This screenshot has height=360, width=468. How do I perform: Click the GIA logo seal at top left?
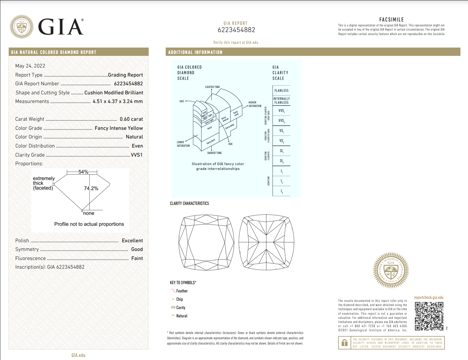pyautogui.click(x=22, y=27)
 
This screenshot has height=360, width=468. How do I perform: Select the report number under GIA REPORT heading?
pyautogui.click(x=236, y=30)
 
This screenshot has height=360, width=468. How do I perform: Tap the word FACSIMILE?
pyautogui.click(x=391, y=20)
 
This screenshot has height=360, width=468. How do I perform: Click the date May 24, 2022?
pyautogui.click(x=30, y=66)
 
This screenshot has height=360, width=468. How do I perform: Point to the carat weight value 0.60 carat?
pyautogui.click(x=131, y=119)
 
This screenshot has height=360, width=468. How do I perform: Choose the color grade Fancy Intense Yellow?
pyautogui.click(x=119, y=128)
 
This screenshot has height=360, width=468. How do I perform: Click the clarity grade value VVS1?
pyautogui.click(x=137, y=155)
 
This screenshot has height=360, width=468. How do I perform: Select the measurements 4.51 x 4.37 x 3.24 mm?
pyautogui.click(x=118, y=102)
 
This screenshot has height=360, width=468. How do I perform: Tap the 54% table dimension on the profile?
pyautogui.click(x=83, y=172)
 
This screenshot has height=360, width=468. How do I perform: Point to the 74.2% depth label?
pyautogui.click(x=91, y=188)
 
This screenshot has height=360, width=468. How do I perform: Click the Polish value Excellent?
pyautogui.click(x=132, y=241)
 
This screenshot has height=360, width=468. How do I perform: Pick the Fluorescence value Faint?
pyautogui.click(x=137, y=258)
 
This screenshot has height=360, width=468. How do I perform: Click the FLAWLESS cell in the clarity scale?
pyautogui.click(x=282, y=91)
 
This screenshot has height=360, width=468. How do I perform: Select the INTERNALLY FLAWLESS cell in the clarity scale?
pyautogui.click(x=282, y=101)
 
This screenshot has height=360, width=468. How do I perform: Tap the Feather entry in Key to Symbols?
pyautogui.click(x=182, y=291)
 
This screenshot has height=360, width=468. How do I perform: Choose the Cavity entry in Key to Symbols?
pyautogui.click(x=180, y=308)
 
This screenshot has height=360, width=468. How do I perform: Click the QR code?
pyautogui.click(x=429, y=316)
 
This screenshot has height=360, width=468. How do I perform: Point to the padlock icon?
pyautogui.click(x=344, y=343)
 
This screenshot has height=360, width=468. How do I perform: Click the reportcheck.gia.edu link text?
pyautogui.click(x=429, y=297)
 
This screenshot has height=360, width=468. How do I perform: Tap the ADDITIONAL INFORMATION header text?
pyautogui.click(x=195, y=52)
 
